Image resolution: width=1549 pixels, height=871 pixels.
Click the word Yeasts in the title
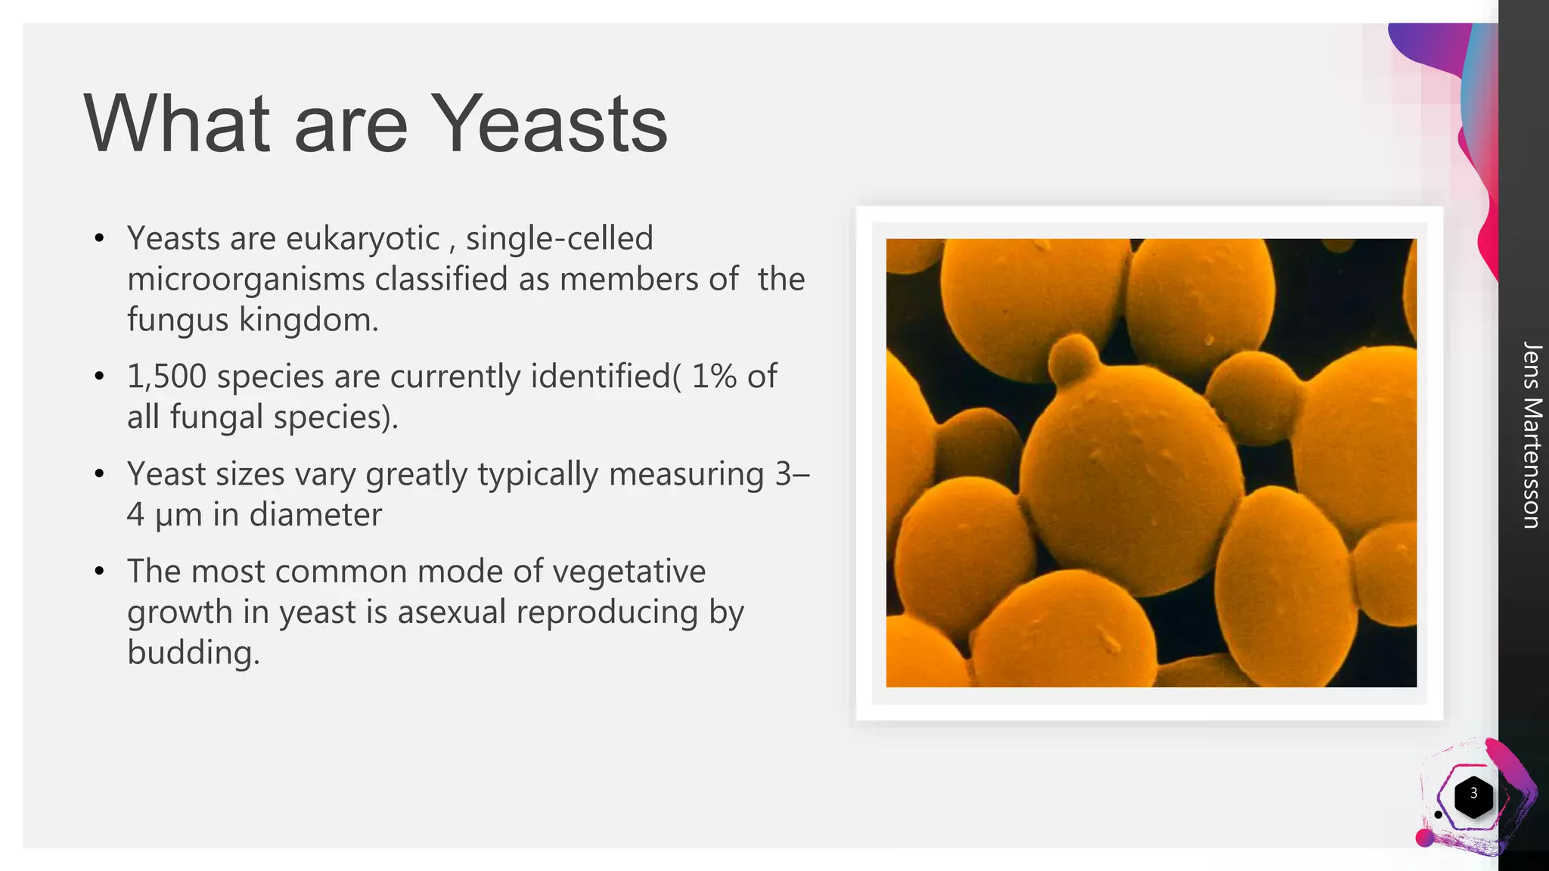[x=552, y=125]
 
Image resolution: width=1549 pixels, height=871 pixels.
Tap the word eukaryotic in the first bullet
[x=362, y=239]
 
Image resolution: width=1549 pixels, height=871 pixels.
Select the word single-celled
[x=559, y=239]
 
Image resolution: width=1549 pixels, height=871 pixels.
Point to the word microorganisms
[x=245, y=280]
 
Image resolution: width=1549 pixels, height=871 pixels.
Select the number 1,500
[x=166, y=377]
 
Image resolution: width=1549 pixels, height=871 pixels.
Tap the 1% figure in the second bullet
[x=714, y=377]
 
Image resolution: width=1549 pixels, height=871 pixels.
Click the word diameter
[x=315, y=516]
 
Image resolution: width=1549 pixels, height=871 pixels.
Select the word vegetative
[x=629, y=572]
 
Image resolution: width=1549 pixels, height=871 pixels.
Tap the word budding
[x=192, y=653]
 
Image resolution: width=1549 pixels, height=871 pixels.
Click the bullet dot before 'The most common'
[x=99, y=572]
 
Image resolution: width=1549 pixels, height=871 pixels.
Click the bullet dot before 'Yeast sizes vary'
[x=99, y=475]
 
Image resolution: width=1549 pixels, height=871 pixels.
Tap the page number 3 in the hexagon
[x=1473, y=794]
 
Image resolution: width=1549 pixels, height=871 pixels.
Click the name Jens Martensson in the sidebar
[x=1531, y=435]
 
